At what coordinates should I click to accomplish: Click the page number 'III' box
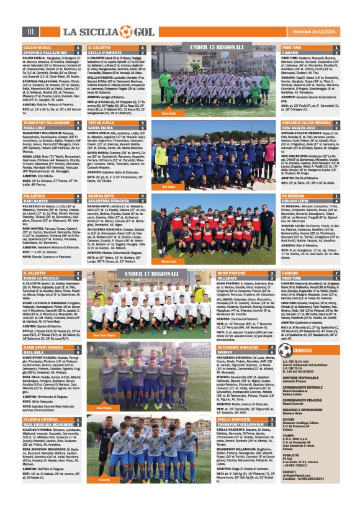[29, 32]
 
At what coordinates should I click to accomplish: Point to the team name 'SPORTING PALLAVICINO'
[43, 53]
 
